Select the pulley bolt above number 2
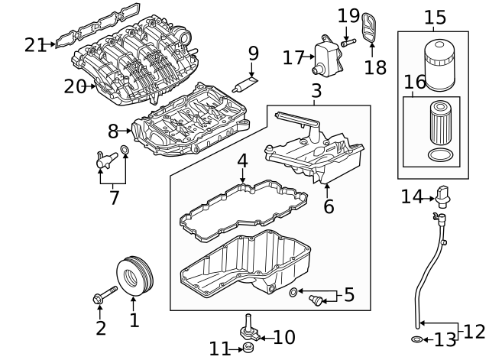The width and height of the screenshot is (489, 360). click(x=105, y=296)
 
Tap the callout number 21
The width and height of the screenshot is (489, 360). click(x=34, y=45)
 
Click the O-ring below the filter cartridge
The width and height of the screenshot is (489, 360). click(x=442, y=155)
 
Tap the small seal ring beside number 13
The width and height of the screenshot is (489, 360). click(x=416, y=338)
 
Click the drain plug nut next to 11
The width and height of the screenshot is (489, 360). click(x=248, y=349)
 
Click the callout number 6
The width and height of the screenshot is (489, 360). click(x=328, y=206)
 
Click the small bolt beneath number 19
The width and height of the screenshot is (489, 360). click(x=346, y=42)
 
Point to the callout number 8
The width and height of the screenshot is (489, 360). click(x=112, y=131)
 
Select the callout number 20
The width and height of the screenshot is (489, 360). click(x=74, y=87)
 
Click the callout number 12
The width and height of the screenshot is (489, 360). click(x=474, y=331)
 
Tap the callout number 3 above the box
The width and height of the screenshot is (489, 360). click(x=316, y=92)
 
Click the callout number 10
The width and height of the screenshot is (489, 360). click(x=284, y=336)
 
